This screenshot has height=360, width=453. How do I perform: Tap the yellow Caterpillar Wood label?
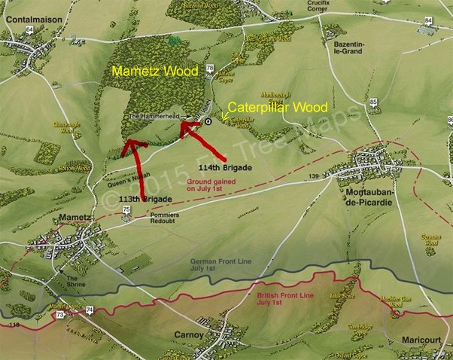click(278, 108)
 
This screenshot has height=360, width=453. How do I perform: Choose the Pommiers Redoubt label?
click(144, 218)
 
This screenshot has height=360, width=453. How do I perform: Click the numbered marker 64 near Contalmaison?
click(29, 29)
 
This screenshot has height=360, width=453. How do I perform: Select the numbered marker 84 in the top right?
click(429, 20)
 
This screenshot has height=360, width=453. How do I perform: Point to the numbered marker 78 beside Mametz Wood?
click(210, 69)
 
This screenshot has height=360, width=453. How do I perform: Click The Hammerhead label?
click(155, 117)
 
